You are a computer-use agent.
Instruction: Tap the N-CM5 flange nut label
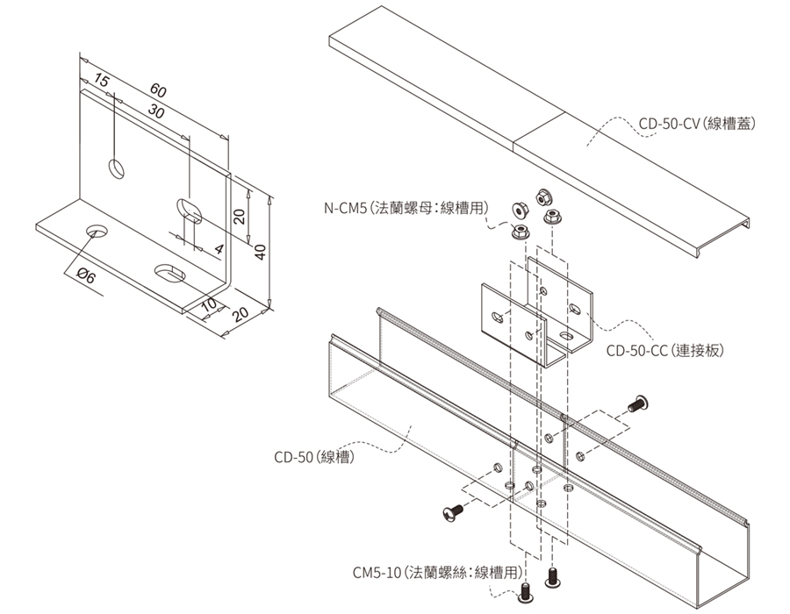[406, 208]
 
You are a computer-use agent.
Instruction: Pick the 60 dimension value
[158, 90]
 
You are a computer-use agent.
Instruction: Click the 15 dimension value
[101, 82]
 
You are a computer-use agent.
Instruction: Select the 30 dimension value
[156, 111]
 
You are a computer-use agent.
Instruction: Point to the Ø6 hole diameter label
[86, 275]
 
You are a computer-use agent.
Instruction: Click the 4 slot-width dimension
[219, 249]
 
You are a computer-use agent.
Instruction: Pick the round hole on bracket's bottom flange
[97, 232]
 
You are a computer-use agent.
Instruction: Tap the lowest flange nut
[521, 232]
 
